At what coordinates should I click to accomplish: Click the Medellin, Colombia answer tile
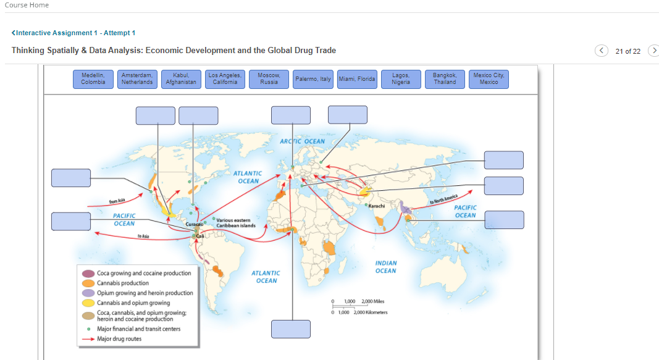[93, 78]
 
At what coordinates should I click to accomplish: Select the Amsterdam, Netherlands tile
[137, 78]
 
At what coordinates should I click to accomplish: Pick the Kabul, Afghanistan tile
[181, 78]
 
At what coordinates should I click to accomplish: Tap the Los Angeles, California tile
[225, 78]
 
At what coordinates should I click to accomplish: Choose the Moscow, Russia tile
[269, 78]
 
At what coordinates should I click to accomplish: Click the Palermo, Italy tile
[313, 79]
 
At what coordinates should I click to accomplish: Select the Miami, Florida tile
[357, 79]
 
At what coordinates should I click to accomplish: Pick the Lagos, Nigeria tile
[401, 78]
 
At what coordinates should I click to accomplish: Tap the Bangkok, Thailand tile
[445, 78]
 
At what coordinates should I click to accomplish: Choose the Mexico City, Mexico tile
[489, 78]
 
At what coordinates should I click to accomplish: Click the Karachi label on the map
[377, 205]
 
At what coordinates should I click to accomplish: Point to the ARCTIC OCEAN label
[302, 141]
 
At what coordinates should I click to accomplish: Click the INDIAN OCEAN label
[385, 267]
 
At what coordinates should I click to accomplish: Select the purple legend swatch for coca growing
[88, 273]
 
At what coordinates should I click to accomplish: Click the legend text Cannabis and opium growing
[133, 303]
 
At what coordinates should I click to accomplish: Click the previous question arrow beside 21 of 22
[602, 51]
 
